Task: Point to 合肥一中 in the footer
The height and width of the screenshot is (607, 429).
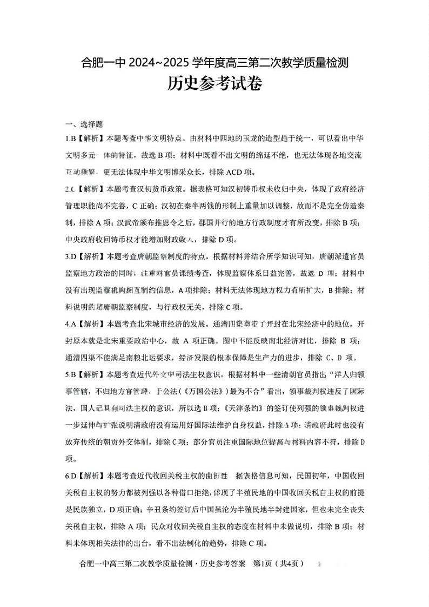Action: click(92, 564)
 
